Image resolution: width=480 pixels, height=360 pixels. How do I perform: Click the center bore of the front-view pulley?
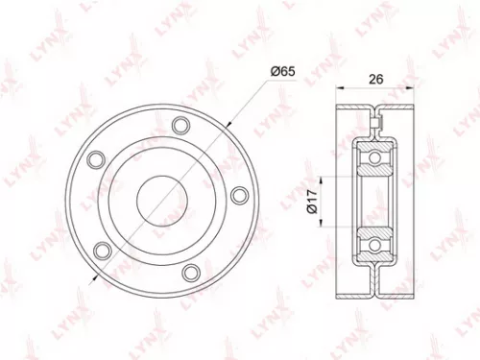(x=158, y=198)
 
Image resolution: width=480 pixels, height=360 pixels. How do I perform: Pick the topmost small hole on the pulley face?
(x=180, y=124)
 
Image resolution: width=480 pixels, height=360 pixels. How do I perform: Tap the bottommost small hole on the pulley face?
(x=192, y=271)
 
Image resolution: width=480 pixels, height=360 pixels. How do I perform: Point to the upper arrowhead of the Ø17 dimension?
(x=324, y=179)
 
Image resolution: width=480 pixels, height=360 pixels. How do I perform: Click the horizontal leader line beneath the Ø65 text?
(x=282, y=80)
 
